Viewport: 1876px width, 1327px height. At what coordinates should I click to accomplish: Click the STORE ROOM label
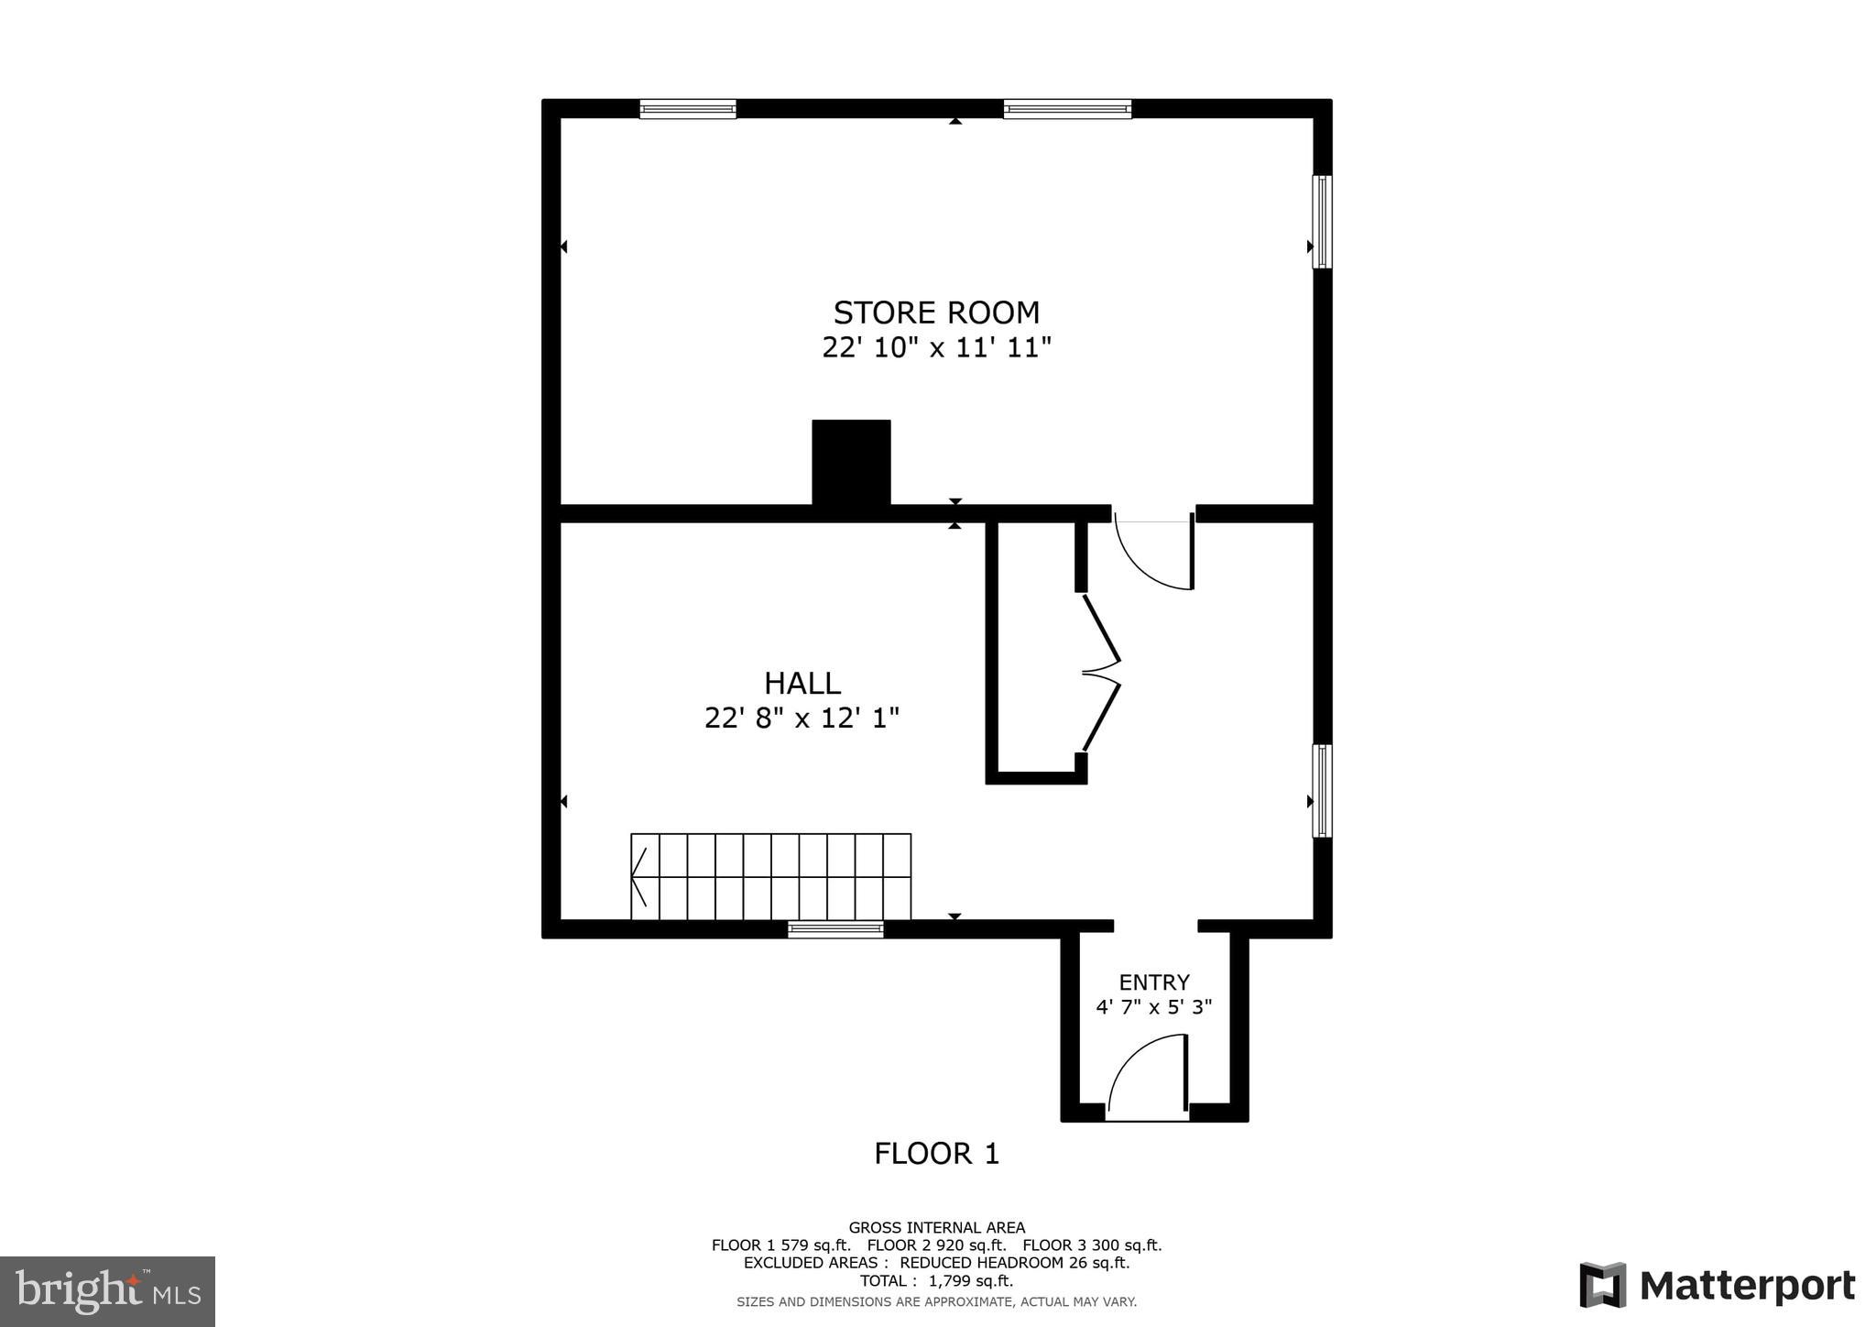[936, 313]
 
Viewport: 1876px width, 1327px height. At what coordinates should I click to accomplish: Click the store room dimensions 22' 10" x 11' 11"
[936, 348]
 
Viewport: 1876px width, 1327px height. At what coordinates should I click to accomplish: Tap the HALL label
[802, 684]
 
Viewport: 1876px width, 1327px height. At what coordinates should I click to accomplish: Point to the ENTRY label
[1154, 982]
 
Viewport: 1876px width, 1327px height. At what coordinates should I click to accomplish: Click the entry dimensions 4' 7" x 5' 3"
[1154, 1007]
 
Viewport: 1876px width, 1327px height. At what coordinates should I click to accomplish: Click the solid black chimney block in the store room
[851, 462]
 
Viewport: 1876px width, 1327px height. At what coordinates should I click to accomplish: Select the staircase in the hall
[771, 876]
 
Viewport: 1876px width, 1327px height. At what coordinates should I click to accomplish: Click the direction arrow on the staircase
[639, 876]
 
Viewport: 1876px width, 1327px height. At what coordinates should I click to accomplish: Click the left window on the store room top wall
[688, 109]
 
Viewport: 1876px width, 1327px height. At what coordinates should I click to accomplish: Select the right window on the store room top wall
[1067, 109]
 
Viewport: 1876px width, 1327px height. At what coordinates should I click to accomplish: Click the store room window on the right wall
[1322, 222]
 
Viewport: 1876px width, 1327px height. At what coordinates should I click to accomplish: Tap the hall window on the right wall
[1322, 791]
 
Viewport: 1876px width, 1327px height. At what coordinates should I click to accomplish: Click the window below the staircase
[835, 930]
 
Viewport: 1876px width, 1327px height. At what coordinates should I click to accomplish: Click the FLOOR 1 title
[936, 1154]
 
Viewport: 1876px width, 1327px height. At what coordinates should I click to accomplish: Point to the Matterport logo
[1718, 1286]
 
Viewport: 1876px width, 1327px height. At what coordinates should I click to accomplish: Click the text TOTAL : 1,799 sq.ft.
[936, 1281]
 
